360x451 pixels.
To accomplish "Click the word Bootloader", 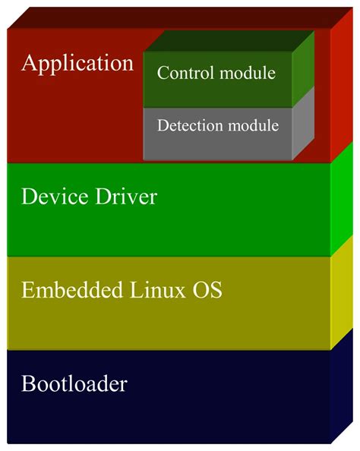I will [x=74, y=383].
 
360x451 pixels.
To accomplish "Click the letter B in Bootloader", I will [x=27, y=383].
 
